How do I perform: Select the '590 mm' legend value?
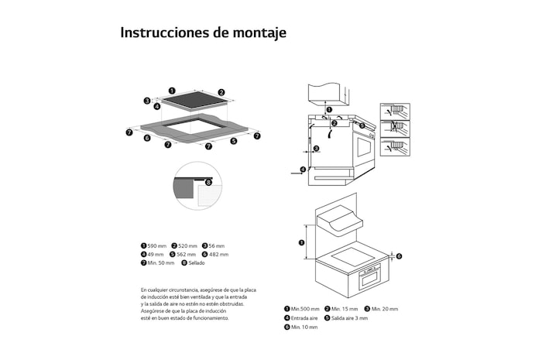pyautogui.click(x=157, y=245)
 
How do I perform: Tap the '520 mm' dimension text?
pyautogui.click(x=187, y=245)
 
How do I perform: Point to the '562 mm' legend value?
pyautogui.click(x=187, y=254)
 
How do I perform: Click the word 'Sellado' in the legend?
pyautogui.click(x=197, y=263)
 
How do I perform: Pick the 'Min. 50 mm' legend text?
pyautogui.click(x=161, y=263)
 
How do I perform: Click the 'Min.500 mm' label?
pyautogui.click(x=305, y=309)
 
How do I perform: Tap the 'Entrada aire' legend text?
pyautogui.click(x=304, y=318)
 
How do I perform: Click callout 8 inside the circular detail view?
pyautogui.click(x=208, y=182)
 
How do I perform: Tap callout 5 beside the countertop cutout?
pyautogui.click(x=233, y=141)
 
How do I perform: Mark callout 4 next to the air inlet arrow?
pyautogui.click(x=303, y=169)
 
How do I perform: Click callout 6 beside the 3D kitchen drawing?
pyautogui.click(x=399, y=255)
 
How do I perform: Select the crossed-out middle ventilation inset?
pyautogui.click(x=395, y=128)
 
